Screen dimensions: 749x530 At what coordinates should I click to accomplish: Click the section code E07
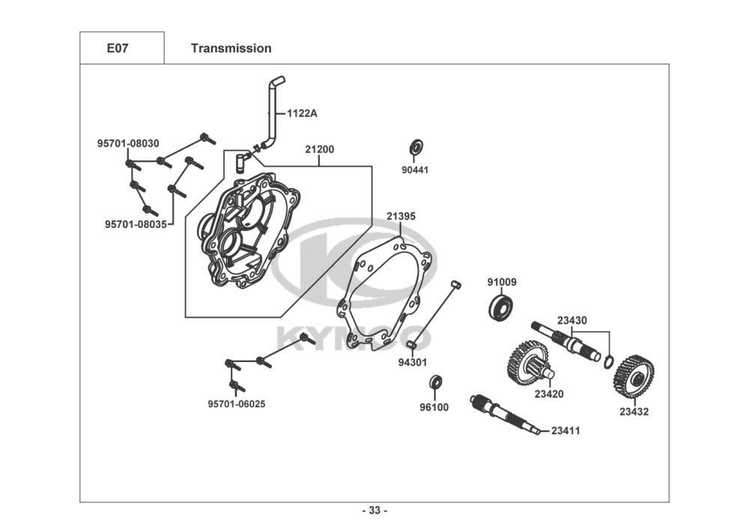coord(118,48)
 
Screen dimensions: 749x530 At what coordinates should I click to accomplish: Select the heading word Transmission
coord(231,48)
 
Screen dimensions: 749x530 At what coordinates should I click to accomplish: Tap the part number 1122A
coord(302,113)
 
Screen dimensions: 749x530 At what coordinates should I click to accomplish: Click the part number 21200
coord(320,149)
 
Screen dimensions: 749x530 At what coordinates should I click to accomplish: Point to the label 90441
coord(415,169)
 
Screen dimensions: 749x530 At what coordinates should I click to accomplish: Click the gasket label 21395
coord(401,216)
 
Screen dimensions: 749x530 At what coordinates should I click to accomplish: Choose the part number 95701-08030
coord(128,143)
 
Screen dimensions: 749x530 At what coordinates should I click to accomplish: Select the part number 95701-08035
coord(136,224)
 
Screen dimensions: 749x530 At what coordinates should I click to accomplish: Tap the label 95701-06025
coord(237,404)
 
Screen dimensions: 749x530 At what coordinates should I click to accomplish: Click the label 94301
coord(413,362)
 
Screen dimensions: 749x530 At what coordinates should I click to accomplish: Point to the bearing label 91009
coord(502,282)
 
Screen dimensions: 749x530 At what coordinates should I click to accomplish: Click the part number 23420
coord(549,394)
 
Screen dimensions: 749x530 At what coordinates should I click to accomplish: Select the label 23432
coord(634,412)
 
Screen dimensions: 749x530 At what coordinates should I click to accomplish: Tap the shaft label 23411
coord(565,430)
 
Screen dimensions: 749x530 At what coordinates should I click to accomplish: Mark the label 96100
coord(434,407)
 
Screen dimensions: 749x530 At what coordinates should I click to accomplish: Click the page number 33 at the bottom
coord(374,511)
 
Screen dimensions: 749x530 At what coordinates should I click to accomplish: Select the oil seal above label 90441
coord(416,147)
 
